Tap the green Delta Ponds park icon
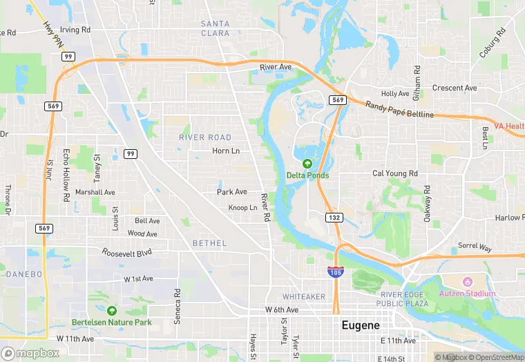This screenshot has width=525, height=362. tap(307, 164)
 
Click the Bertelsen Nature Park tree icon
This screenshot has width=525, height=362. tap(112, 310)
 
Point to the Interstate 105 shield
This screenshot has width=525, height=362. tap(335, 271)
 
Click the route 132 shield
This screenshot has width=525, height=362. tap(334, 218)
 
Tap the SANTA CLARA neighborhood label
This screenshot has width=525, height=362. tap(215, 28)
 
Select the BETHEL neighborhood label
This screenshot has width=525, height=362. tap(209, 243)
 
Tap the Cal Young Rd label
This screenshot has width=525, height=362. tap(395, 173)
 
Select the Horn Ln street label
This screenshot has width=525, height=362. tap(226, 151)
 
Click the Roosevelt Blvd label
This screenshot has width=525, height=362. tap(126, 253)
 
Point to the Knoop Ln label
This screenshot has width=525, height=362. tap(242, 208)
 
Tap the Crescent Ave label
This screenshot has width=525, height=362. tap(455, 88)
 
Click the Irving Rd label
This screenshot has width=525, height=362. tap(75, 30)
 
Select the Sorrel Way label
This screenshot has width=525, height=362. tap(475, 247)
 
